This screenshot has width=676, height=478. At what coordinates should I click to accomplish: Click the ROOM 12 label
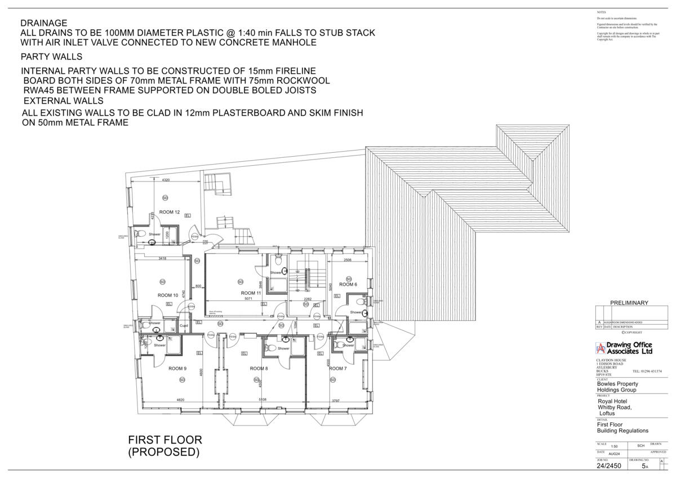click(x=169, y=212)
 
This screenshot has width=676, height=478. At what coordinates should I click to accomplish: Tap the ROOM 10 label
click(x=168, y=295)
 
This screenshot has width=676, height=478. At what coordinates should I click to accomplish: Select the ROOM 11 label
click(x=251, y=293)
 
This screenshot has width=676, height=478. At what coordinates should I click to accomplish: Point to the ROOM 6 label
click(x=348, y=285)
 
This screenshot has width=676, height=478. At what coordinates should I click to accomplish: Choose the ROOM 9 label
click(x=177, y=369)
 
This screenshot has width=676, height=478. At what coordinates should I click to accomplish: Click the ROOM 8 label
click(x=259, y=369)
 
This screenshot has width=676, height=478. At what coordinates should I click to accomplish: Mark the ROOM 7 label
click(x=337, y=369)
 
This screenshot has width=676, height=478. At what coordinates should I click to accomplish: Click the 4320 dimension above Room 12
click(x=166, y=180)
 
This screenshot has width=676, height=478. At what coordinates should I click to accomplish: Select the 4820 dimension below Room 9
click(x=181, y=400)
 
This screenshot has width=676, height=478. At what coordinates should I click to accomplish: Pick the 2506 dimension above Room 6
click(x=348, y=260)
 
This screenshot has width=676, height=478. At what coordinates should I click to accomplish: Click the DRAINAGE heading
click(x=44, y=23)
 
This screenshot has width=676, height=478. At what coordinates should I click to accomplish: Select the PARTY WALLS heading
click(x=51, y=57)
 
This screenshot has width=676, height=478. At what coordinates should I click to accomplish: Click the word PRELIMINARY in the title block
click(x=629, y=303)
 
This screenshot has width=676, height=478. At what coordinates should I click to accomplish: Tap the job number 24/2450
click(x=609, y=466)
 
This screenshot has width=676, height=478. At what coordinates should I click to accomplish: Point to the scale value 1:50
click(x=606, y=446)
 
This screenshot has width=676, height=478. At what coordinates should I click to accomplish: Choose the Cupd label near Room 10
click(x=184, y=326)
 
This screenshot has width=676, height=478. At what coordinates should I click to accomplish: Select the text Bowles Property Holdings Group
click(x=617, y=387)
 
